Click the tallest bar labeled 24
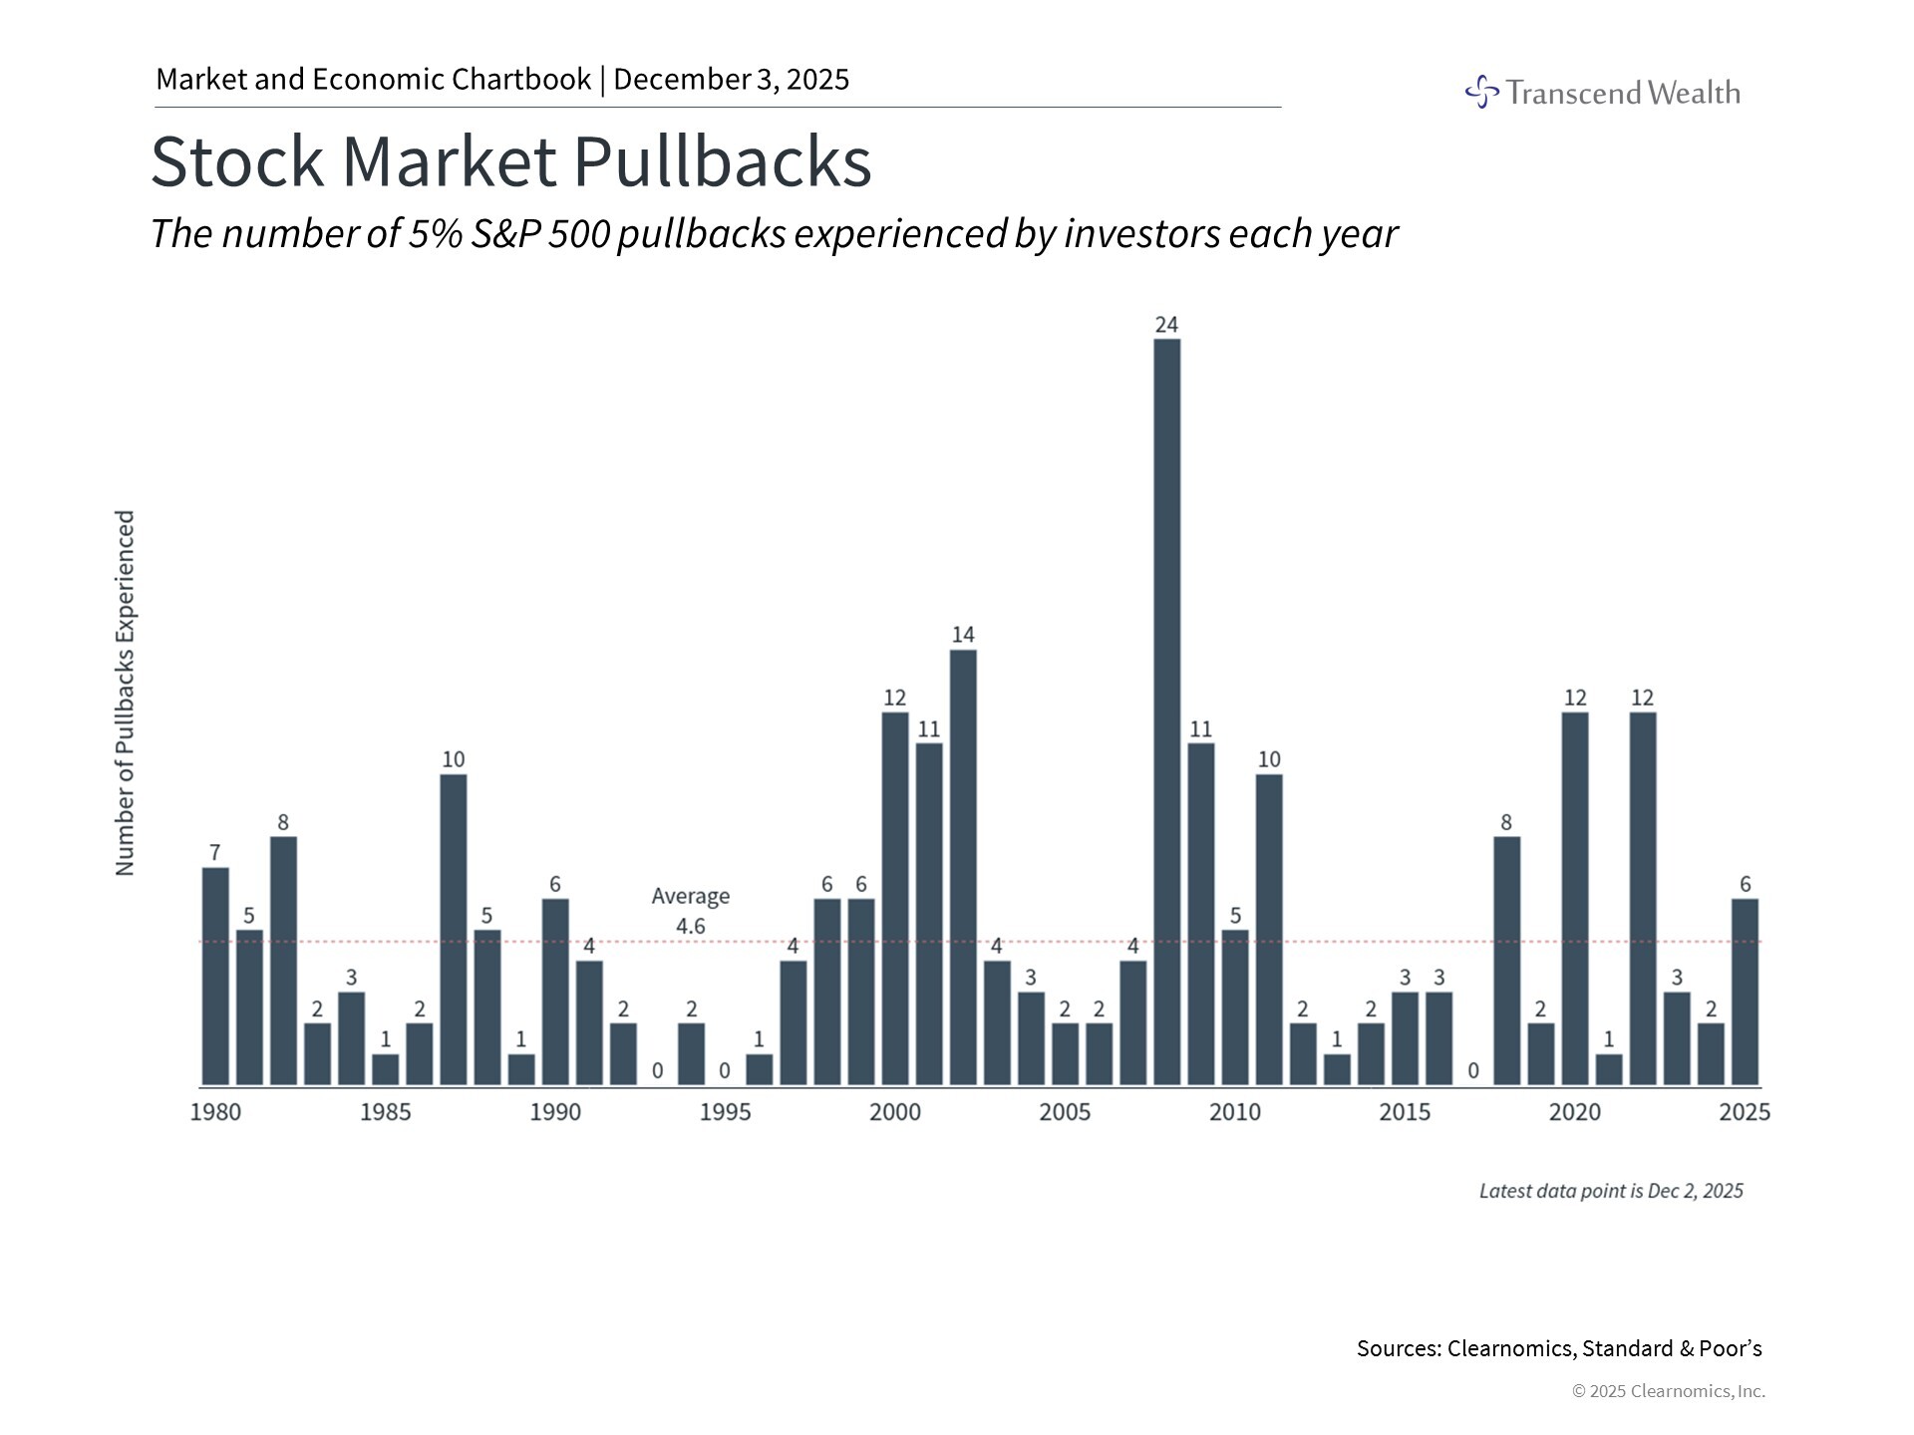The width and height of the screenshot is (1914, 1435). tap(1166, 712)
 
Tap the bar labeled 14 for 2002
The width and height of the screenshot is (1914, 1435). tap(963, 867)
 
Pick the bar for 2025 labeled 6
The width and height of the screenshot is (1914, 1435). tap(1745, 992)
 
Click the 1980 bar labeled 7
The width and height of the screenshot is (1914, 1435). tap(215, 976)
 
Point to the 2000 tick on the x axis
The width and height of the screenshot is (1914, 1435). tap(895, 1112)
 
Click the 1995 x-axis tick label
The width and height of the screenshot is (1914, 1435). tap(725, 1112)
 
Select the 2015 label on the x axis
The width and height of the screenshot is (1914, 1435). tap(1405, 1112)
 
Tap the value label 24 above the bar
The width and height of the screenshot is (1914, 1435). tap(1166, 325)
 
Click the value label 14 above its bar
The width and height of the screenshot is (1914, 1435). tap(963, 635)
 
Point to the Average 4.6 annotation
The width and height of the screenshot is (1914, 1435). tap(690, 911)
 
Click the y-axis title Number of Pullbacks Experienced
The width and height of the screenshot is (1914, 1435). tap(125, 694)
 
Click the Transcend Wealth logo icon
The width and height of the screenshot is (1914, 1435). tap(1481, 92)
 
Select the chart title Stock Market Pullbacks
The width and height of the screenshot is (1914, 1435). tap(510, 161)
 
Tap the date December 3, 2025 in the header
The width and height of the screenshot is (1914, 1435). tap(731, 79)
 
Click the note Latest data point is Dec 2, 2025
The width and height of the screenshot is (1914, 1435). tap(1610, 1191)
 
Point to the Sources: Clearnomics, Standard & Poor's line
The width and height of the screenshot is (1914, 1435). tap(1558, 1348)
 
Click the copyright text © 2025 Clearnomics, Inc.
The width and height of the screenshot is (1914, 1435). tap(1668, 1391)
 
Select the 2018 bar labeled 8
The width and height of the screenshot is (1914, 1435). tap(1506, 961)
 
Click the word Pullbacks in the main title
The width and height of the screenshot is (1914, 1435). tap(722, 161)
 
